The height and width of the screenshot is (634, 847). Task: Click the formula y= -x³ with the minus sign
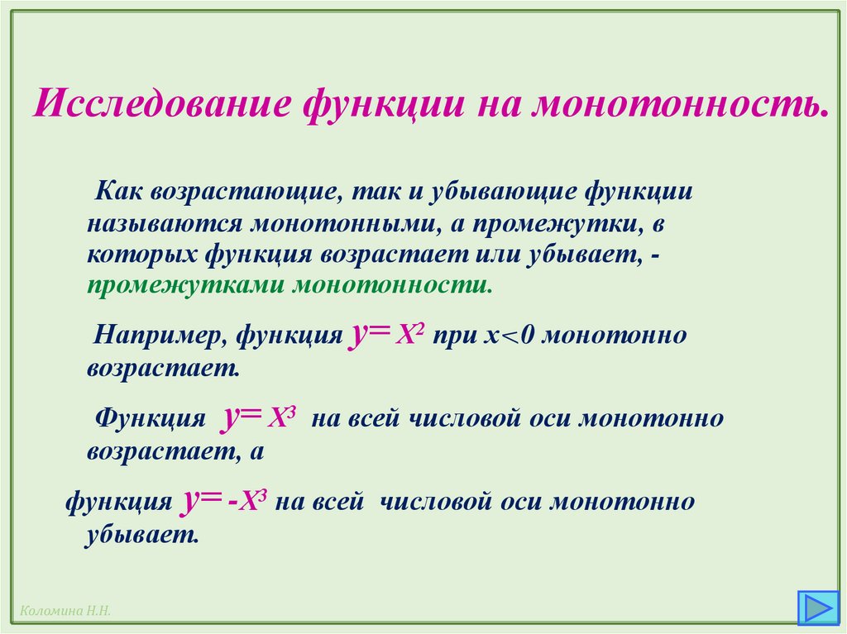coord(223,500)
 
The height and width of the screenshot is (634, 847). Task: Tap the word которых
coord(136,254)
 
